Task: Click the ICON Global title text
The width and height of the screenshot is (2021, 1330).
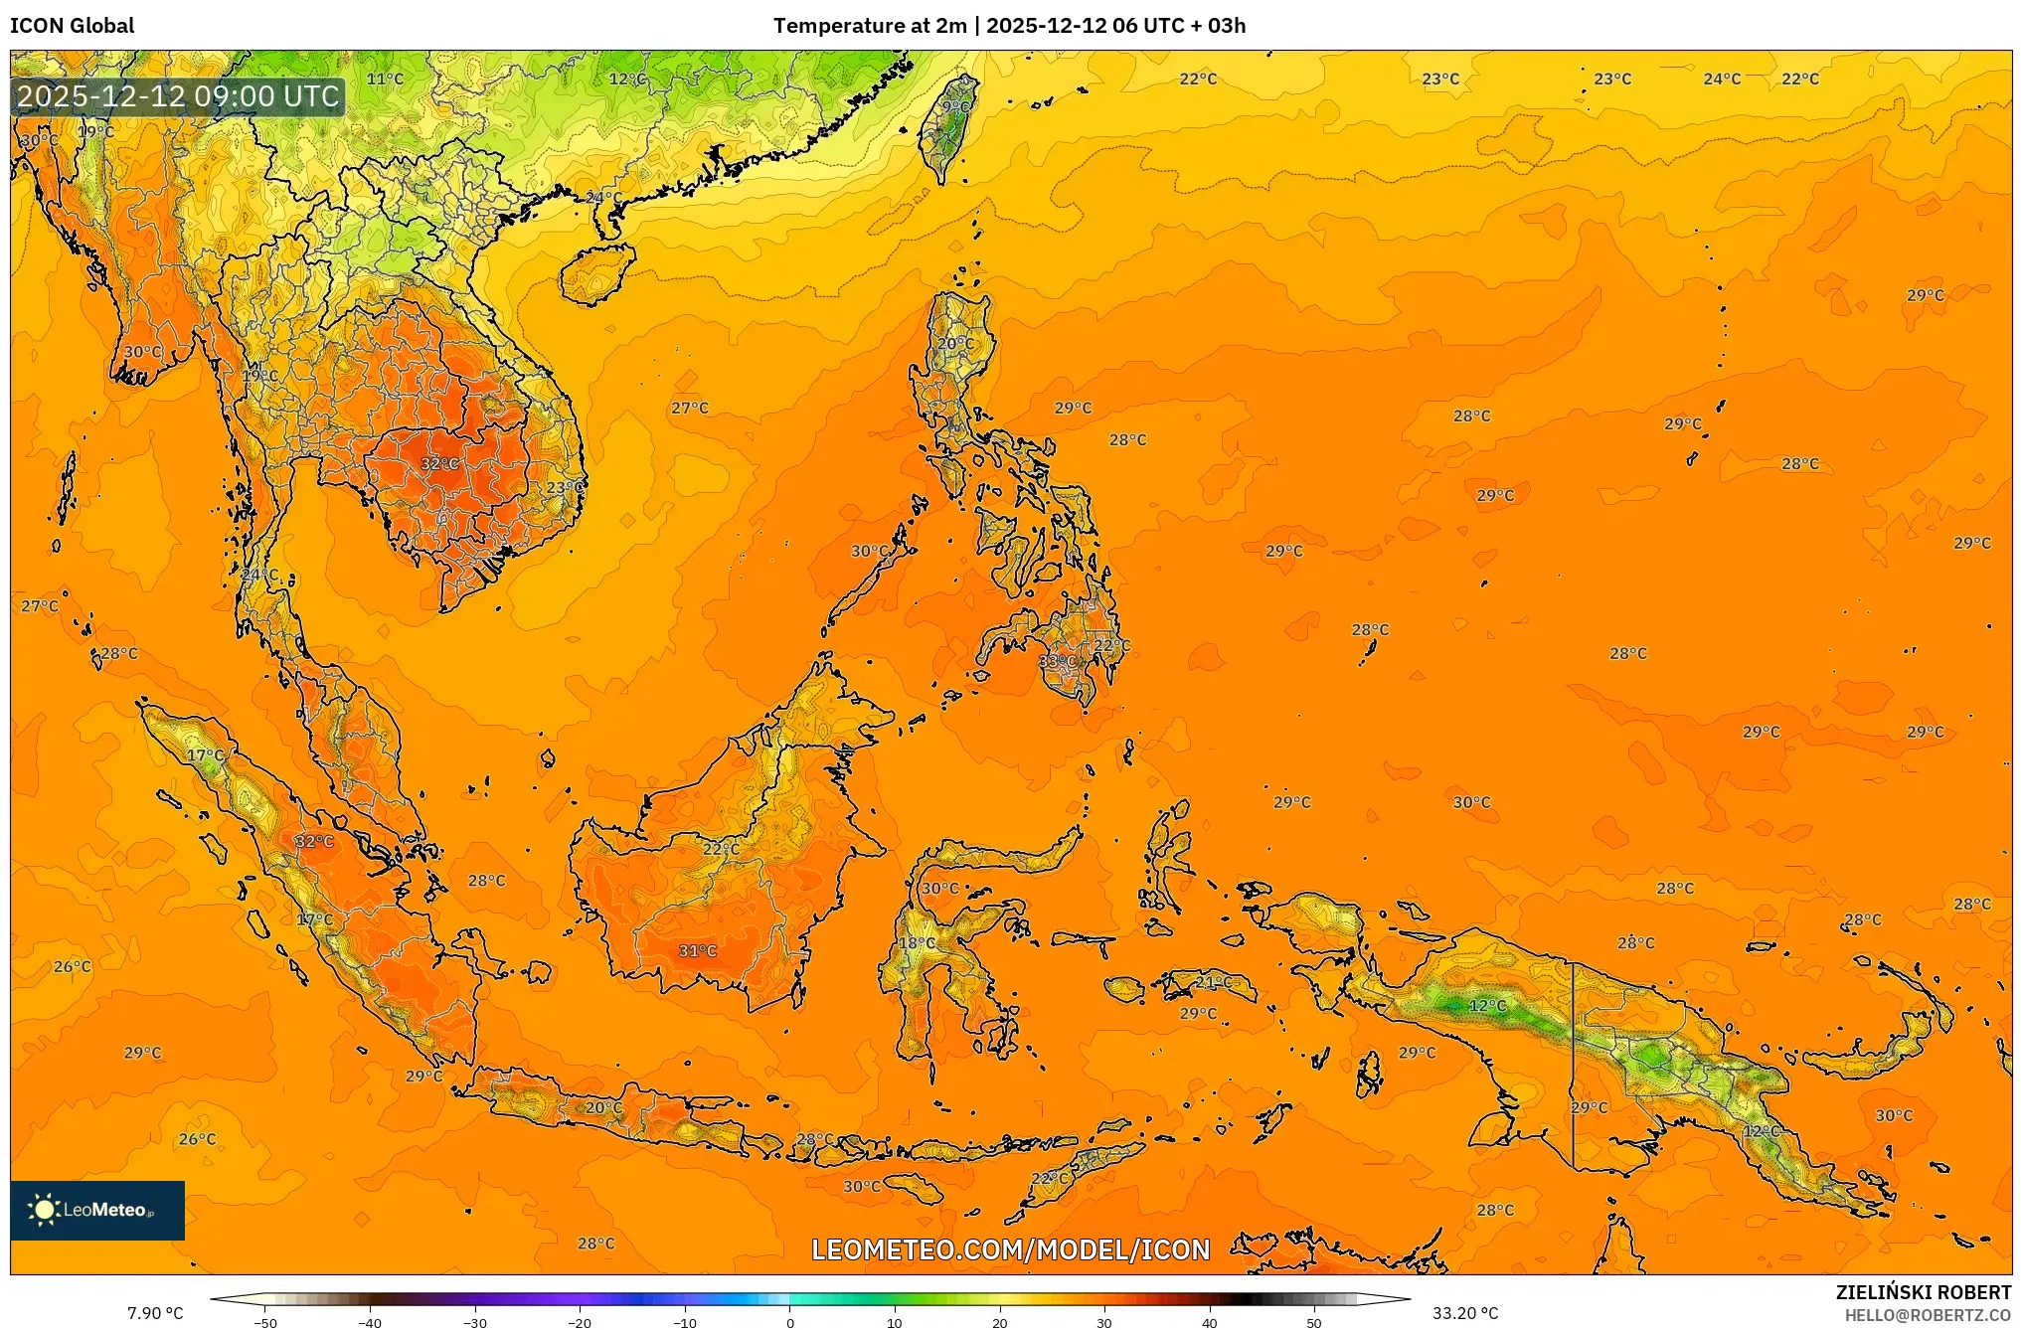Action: tap(72, 26)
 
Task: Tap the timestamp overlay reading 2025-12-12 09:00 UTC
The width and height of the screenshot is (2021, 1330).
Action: tap(179, 96)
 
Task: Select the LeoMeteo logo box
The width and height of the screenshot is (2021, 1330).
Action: tap(97, 1210)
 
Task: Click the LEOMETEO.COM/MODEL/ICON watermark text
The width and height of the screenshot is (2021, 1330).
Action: tap(1010, 1249)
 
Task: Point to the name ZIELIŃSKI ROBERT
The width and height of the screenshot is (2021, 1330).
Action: tap(1923, 1292)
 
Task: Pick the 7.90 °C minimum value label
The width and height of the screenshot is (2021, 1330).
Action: tap(155, 1313)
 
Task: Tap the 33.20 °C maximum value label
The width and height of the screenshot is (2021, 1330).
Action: tap(1464, 1313)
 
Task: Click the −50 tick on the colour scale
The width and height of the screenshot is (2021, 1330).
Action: tap(264, 1322)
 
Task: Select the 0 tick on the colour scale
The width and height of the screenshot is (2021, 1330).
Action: tap(790, 1322)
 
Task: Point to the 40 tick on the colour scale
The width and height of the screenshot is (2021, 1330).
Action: tap(1210, 1322)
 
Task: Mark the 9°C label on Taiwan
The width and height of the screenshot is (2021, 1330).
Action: tap(955, 106)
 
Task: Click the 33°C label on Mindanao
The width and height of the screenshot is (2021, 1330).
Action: tap(1056, 661)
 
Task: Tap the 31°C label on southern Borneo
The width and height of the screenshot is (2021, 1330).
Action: tap(697, 950)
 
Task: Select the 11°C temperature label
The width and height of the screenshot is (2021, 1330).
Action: tap(385, 79)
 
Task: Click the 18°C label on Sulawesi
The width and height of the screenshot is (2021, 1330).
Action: tap(917, 942)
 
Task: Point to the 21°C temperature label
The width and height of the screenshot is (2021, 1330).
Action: tap(1213, 982)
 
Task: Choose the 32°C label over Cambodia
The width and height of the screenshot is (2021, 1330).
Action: tap(439, 463)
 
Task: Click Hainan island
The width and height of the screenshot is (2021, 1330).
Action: tap(597, 273)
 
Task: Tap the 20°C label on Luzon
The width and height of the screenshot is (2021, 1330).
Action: tap(955, 343)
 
